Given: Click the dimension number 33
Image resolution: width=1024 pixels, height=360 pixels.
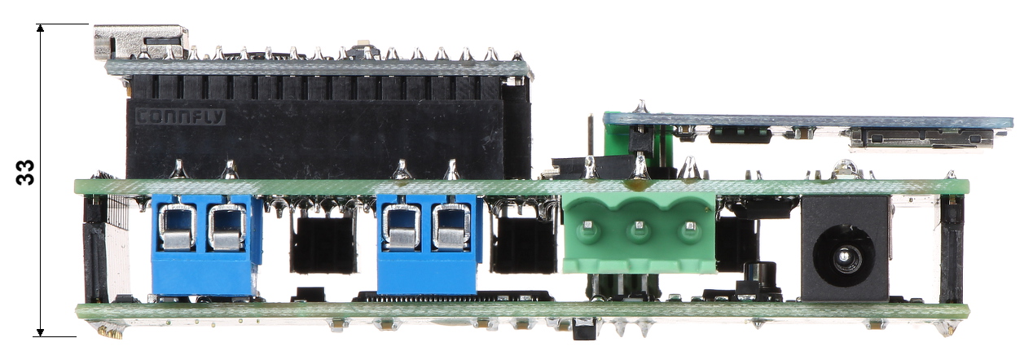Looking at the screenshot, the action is click(x=24, y=172).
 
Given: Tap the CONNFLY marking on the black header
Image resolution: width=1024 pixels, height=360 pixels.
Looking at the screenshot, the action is click(x=181, y=117).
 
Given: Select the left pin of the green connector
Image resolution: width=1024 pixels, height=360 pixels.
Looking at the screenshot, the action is click(x=588, y=226).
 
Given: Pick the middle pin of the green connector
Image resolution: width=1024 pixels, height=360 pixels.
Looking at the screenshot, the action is click(x=639, y=226).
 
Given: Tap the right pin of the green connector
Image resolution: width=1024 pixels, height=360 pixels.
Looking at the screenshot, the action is click(x=690, y=226).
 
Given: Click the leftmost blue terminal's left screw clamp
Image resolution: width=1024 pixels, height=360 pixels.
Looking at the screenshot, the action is click(x=178, y=226).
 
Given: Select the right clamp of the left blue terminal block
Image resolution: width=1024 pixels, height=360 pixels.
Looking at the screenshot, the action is click(x=227, y=227).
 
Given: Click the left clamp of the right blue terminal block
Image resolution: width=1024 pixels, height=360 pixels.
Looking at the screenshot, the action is click(x=402, y=227).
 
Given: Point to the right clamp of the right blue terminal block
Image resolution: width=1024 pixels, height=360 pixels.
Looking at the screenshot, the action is click(x=451, y=227).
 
